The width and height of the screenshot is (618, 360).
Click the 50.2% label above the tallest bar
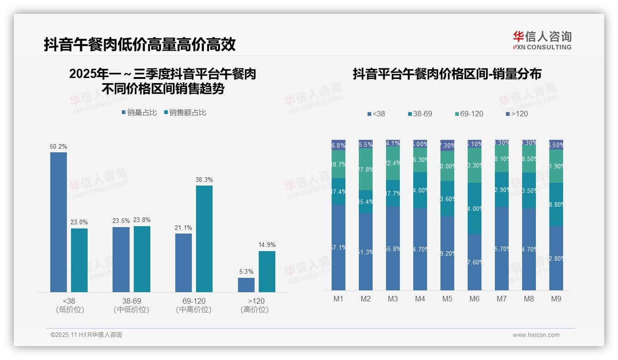59,146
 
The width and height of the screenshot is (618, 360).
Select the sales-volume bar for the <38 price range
59,222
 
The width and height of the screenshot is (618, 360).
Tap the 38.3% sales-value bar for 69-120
204,238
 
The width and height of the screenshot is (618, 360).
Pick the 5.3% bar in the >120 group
246,285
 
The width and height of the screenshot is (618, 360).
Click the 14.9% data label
267,245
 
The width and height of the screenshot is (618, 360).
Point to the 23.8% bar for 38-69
142,258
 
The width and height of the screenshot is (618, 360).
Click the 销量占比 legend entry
139,113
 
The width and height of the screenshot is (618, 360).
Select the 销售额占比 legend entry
185,113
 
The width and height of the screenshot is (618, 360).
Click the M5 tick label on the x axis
447,299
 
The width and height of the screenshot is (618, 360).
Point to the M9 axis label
556,299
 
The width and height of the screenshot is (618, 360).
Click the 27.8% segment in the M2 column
366,169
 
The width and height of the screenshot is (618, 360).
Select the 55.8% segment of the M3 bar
393,248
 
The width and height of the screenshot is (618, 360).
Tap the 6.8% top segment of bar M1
339,145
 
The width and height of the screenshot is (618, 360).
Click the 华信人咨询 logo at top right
542,41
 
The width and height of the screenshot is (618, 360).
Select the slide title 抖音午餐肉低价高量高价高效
140,44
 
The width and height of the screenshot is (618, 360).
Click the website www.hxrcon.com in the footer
535,335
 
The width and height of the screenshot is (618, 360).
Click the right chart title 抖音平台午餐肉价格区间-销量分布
447,74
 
